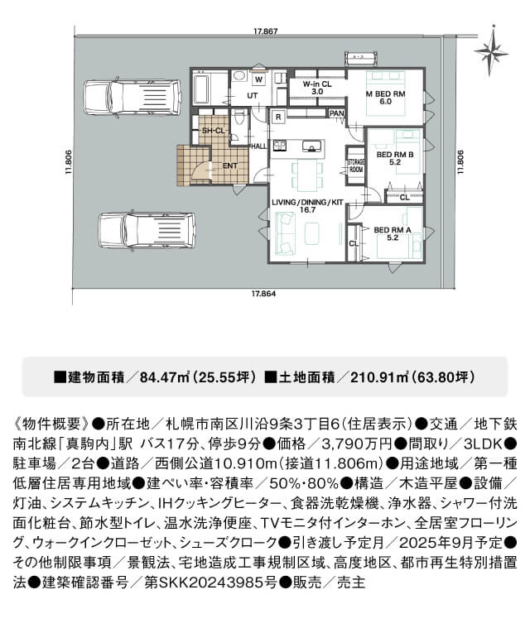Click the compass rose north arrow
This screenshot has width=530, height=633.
492,50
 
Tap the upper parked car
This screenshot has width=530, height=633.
132,98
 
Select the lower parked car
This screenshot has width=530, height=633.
147,231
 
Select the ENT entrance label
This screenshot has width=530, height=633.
230,165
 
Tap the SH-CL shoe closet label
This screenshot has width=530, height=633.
213,131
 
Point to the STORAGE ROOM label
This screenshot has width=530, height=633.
355,165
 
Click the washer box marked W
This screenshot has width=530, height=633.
259,79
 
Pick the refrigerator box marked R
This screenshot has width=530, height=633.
278,117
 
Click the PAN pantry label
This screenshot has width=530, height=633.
336,113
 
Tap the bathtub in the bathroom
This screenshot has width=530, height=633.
201,89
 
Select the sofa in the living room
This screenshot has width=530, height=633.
284,233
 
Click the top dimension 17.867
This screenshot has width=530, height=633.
265,31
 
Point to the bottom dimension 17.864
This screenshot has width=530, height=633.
263,294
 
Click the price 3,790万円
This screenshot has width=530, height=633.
357,444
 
